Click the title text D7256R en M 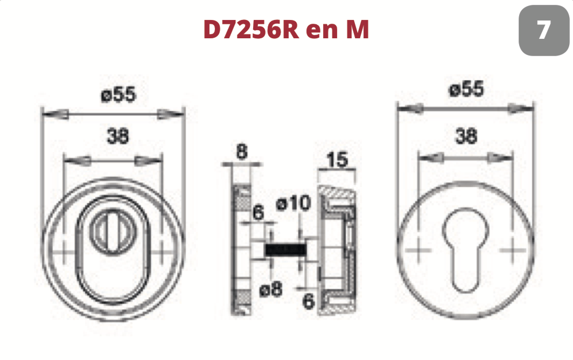(x=286, y=29)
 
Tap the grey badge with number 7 (x=544, y=30)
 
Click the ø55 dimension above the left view (x=118, y=94)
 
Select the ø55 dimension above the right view (x=466, y=89)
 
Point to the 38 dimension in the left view (x=117, y=136)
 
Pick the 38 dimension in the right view (x=466, y=136)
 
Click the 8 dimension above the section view (x=242, y=151)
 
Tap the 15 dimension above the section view (x=337, y=160)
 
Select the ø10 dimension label (x=294, y=203)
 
